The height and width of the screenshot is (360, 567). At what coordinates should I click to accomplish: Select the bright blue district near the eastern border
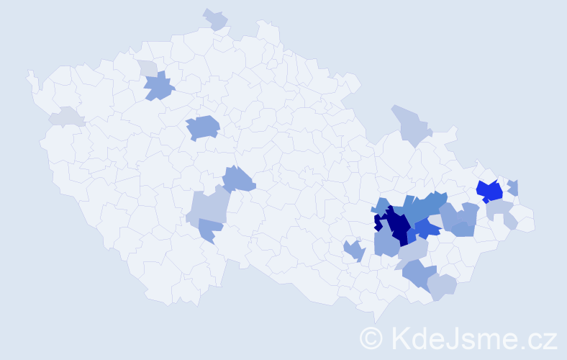(x=490, y=192)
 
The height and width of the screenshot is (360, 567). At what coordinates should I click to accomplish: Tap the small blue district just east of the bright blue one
(x=513, y=187)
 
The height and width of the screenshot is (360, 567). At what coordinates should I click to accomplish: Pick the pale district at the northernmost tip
(x=216, y=19)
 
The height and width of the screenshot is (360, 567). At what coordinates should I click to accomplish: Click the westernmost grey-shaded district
(x=65, y=117)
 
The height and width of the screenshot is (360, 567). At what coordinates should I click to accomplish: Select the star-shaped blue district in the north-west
(x=159, y=87)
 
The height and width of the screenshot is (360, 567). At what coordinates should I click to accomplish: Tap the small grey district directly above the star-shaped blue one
(x=148, y=68)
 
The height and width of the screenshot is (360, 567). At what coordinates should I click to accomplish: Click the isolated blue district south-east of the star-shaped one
(x=203, y=127)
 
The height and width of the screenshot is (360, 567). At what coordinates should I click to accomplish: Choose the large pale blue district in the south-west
(x=209, y=208)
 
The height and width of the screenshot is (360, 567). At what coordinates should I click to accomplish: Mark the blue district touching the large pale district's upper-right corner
(x=238, y=179)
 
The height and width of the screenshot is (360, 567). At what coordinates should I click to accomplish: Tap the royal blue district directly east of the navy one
(x=427, y=229)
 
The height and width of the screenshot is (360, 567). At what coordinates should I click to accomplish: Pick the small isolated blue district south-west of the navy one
(x=353, y=251)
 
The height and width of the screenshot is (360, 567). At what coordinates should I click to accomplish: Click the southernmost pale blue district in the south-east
(x=443, y=286)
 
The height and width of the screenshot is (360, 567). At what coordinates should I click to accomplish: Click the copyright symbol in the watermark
(x=372, y=337)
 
